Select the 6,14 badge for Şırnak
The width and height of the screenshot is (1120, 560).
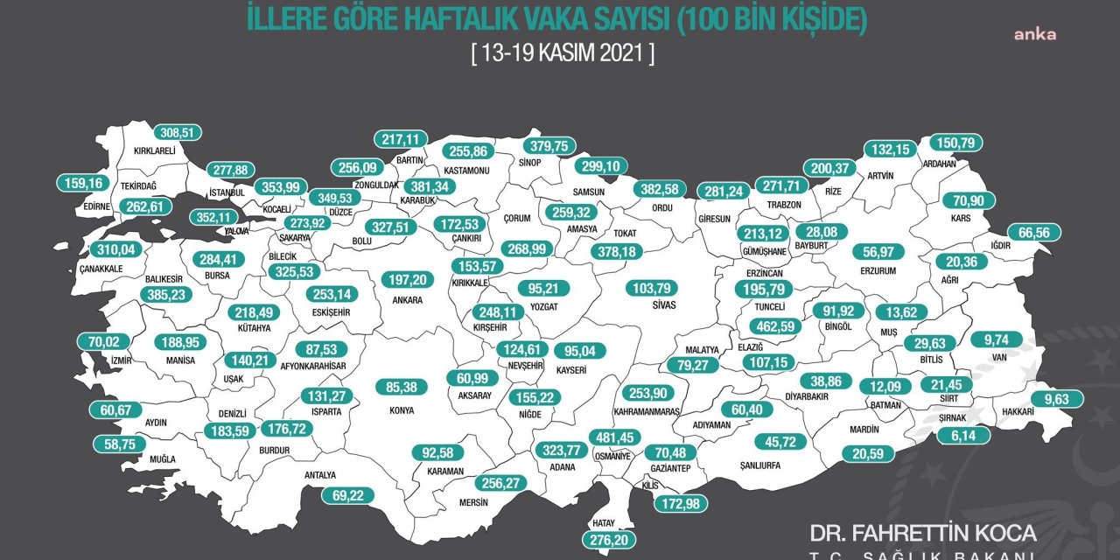(964, 435)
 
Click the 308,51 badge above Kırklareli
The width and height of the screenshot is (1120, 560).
(178, 133)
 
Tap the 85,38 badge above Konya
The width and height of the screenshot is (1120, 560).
(400, 387)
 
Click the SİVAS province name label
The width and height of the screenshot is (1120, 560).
(664, 307)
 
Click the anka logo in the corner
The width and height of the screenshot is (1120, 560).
(1035, 35)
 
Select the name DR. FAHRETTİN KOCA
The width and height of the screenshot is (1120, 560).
(923, 533)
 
